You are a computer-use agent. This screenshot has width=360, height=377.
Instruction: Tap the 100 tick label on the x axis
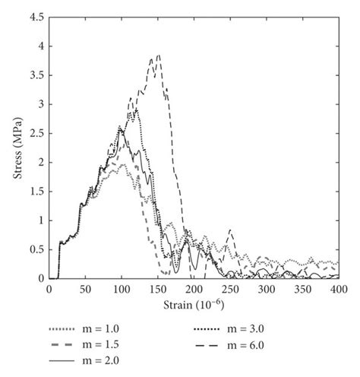tap(121, 290)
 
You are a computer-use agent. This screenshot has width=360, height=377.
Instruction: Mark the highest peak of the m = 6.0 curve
tap(159, 55)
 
